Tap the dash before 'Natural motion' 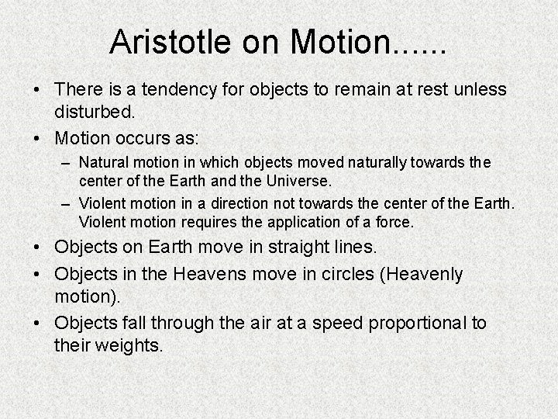(x=66, y=164)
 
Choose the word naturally (x=376, y=164)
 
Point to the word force (x=396, y=222)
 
